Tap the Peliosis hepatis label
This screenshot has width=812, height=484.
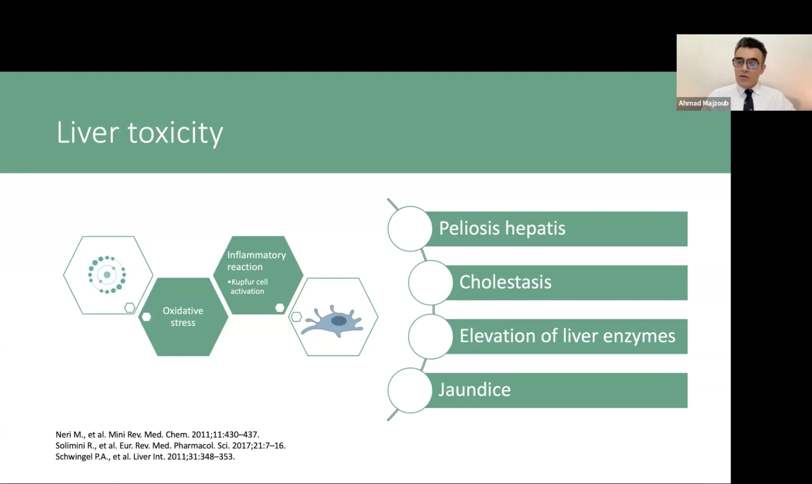coord(502,228)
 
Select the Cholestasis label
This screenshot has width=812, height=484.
coord(505,282)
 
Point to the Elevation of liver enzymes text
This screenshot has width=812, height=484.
coord(567,336)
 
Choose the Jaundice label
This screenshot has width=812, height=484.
coord(475,390)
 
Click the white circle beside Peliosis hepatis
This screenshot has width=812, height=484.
coord(410,229)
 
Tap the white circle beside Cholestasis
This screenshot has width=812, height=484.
coord(430,282)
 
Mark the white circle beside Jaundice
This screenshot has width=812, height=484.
coord(410,390)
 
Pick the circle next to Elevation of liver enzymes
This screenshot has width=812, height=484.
coord(430,337)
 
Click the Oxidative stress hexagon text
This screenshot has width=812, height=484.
coord(183,317)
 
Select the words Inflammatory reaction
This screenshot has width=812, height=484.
coord(256,261)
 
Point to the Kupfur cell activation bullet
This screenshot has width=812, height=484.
coord(248,287)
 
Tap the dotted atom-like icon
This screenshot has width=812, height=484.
coord(107,275)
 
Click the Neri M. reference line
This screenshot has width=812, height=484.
coord(157,435)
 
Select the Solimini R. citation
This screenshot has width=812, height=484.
coord(170,446)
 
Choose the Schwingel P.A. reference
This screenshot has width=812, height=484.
coord(145,457)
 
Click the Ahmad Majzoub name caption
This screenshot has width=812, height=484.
coord(703,104)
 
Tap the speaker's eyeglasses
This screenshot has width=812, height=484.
coord(748,63)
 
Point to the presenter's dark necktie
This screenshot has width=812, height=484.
coord(749,99)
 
